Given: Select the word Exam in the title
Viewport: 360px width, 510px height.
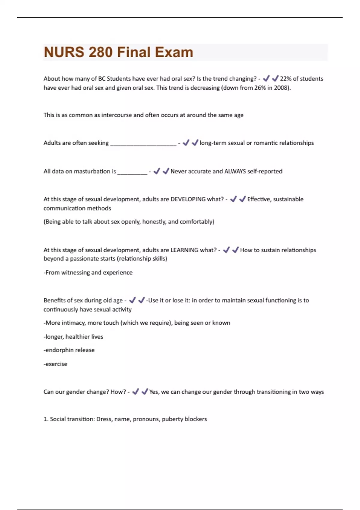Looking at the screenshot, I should click(174, 52).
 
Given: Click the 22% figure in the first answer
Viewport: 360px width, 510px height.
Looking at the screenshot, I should click(286, 79).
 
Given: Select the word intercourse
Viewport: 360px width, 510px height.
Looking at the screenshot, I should click(117, 115).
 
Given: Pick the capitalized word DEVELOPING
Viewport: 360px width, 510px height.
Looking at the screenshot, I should click(188, 199).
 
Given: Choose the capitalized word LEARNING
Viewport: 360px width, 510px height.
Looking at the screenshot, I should click(184, 250).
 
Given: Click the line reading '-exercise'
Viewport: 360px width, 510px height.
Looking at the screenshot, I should click(55, 364).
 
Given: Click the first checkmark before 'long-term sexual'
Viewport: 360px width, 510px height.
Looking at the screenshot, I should click(186, 143).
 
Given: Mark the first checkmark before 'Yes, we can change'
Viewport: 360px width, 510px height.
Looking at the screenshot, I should click(136, 392).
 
